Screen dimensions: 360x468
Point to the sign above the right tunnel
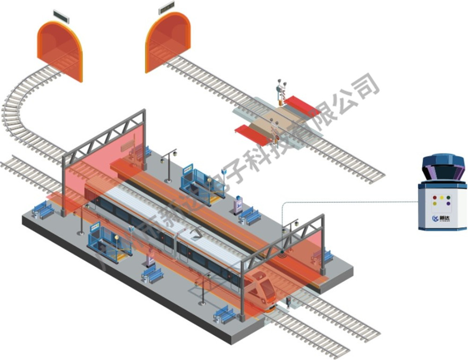tap(167, 7)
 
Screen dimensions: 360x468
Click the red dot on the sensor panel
tap(434, 197)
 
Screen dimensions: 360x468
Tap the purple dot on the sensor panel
tap(448, 197)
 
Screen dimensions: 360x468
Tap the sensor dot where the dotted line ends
tap(283, 252)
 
